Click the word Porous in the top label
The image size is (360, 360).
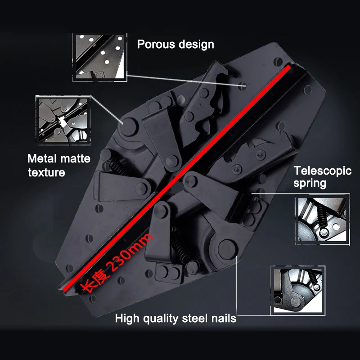[x=156, y=44]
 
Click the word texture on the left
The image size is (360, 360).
[x=47, y=173]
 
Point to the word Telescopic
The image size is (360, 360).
[x=323, y=171]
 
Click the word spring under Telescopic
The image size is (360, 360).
[x=310, y=184]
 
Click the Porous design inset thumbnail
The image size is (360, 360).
[x=99, y=58]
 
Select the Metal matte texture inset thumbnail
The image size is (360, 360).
[x=63, y=120]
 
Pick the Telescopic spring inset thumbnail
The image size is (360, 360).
[x=322, y=220]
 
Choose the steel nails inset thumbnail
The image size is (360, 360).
[x=298, y=290]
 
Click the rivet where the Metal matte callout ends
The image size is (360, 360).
[x=128, y=127]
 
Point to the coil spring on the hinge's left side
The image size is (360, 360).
[x=119, y=166]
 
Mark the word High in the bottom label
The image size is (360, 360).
[x=127, y=318]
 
